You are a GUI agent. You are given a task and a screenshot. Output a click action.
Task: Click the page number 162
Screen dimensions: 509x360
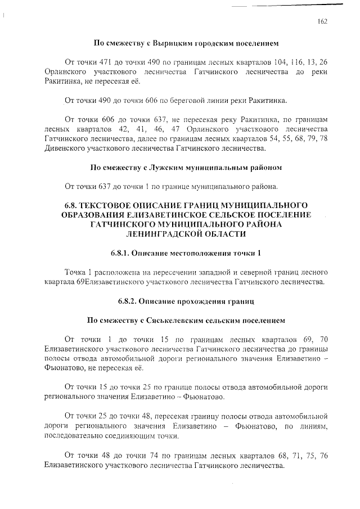(x=322, y=21)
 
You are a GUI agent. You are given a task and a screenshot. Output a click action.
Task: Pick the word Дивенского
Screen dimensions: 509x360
(x=63, y=149)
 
